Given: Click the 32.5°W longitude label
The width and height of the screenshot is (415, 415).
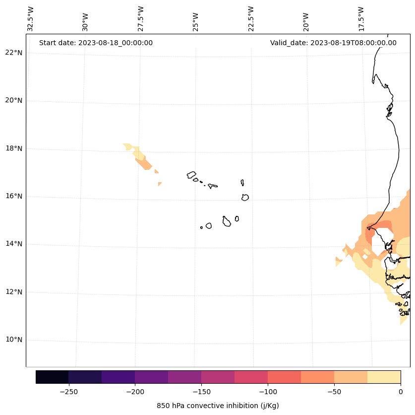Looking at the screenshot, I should click(31, 19).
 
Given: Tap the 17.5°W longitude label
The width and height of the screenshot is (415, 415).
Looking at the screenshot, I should click(361, 19).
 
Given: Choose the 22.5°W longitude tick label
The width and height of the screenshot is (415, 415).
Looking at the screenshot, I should click(251, 19).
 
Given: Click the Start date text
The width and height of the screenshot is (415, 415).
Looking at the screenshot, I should click(96, 43).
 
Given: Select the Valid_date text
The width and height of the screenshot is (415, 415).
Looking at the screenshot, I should click(333, 43).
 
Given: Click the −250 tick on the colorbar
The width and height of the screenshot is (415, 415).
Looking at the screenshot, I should click(68, 392).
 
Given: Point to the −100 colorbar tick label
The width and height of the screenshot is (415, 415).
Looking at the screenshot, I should click(268, 392).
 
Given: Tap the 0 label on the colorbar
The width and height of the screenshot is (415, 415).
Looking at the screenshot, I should click(401, 392).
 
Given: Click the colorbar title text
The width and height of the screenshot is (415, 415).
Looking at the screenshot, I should click(218, 406).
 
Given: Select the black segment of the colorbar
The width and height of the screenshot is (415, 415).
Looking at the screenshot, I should click(52, 377).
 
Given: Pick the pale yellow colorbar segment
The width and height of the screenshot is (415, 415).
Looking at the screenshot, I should click(384, 377).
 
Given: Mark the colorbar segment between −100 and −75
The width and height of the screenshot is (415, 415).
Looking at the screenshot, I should click(285, 377).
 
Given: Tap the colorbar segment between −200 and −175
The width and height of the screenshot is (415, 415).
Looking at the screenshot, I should click(152, 377).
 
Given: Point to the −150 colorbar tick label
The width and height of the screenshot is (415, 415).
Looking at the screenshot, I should click(201, 392).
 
